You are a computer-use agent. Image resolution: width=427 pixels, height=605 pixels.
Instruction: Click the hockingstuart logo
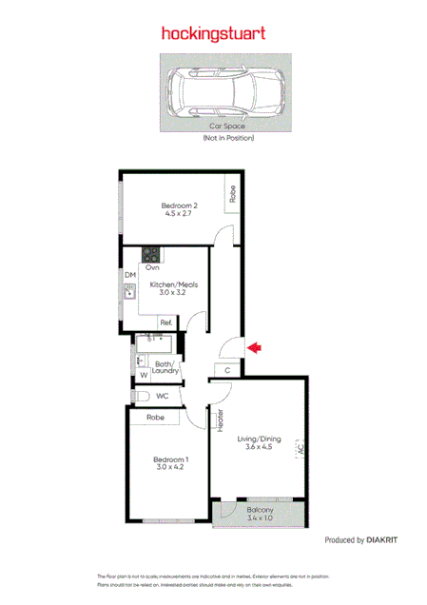click(x=213, y=33)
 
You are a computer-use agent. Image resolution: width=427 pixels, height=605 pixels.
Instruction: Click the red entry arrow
click(x=254, y=350)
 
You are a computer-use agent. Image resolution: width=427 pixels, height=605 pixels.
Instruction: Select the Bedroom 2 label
click(x=179, y=206)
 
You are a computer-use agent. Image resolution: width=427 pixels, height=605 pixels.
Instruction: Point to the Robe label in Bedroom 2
click(x=232, y=194)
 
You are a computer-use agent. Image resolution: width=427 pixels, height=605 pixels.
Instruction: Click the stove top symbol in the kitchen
click(x=150, y=254)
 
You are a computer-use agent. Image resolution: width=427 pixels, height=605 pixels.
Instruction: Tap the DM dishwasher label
click(x=130, y=276)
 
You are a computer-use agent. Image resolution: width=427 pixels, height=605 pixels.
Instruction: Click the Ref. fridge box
click(x=165, y=323)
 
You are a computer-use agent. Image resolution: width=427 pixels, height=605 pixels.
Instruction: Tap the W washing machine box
click(x=144, y=376)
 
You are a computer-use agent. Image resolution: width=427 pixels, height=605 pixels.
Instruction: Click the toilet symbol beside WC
click(x=135, y=396)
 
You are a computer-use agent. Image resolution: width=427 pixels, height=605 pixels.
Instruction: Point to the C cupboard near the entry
click(x=227, y=371)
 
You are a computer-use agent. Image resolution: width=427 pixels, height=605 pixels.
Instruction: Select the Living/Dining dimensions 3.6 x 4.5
click(x=259, y=447)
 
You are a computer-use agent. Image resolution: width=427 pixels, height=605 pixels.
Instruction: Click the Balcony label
click(x=260, y=509)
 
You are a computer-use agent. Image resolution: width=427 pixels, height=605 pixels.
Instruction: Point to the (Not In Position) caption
click(x=227, y=138)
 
